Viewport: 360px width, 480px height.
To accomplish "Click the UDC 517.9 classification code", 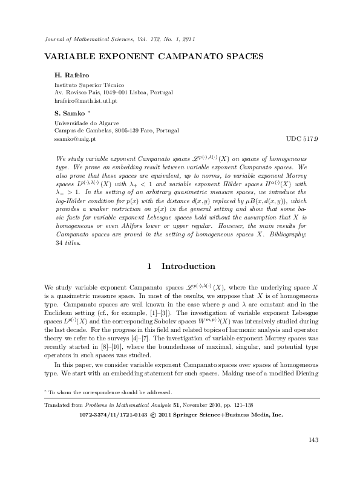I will point(301,138).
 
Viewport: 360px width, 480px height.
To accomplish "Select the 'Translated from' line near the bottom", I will point(131,406).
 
